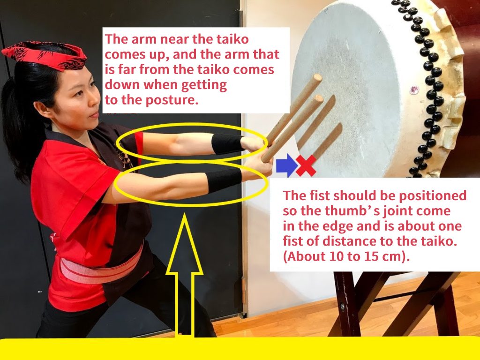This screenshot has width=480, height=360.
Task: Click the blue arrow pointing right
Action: tap(286, 165)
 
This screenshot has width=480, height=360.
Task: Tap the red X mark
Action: tap(306, 165)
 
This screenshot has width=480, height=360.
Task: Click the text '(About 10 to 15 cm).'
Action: tap(346, 256)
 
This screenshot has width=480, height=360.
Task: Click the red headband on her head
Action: tap(45, 55)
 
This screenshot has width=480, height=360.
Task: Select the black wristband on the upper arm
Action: tap(227, 143)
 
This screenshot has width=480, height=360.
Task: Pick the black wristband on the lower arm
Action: tap(224, 180)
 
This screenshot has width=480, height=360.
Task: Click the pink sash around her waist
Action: tap(101, 265)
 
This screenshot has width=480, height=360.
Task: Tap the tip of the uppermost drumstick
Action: tap(318, 77)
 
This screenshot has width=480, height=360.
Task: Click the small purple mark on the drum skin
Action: tap(414, 90)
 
